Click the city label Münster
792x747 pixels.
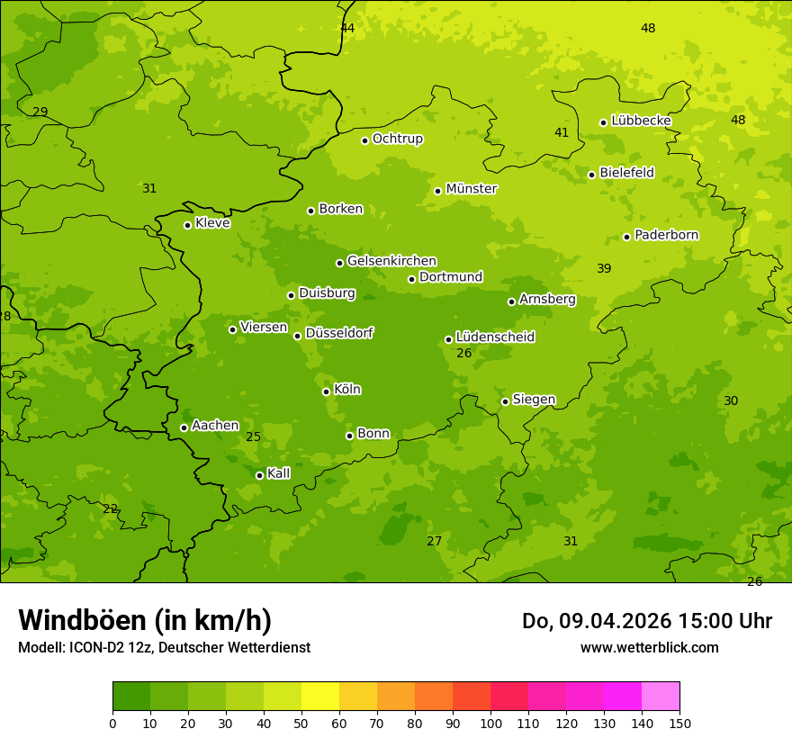click(x=472, y=189)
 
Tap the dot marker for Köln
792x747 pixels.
click(x=326, y=391)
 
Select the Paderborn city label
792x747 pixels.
click(x=667, y=235)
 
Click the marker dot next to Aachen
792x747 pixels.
click(x=184, y=427)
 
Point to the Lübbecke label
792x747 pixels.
click(x=641, y=121)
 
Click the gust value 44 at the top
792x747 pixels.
click(x=347, y=29)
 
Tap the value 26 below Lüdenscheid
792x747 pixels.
click(x=464, y=354)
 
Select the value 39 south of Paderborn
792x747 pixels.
click(x=604, y=269)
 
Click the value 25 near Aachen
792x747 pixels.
click(x=254, y=437)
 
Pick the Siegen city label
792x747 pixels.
click(x=534, y=400)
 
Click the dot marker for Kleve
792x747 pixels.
click(x=187, y=225)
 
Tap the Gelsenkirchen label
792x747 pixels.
click(x=391, y=261)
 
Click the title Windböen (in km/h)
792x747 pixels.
click(x=145, y=620)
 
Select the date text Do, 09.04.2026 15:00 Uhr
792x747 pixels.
click(x=647, y=621)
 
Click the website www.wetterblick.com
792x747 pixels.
click(x=650, y=647)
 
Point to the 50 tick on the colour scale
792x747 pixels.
click(x=301, y=723)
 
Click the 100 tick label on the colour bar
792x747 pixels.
click(x=490, y=723)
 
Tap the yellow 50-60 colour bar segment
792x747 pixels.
click(x=320, y=697)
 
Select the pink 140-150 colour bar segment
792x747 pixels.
click(x=661, y=697)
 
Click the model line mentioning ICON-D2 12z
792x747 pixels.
click(x=164, y=647)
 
